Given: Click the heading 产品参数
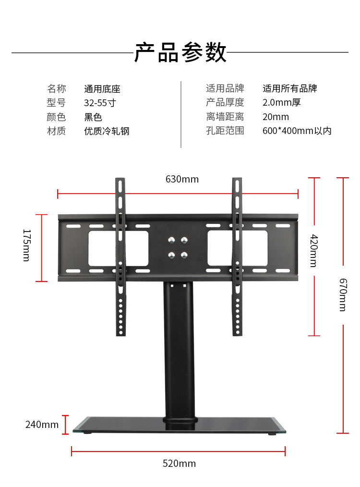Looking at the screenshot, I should click(x=180, y=52).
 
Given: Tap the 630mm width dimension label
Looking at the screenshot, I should click(x=182, y=179).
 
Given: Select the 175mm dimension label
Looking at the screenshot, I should click(x=26, y=245).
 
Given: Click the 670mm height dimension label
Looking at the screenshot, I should click(x=342, y=294).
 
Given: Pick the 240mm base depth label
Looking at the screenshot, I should click(x=42, y=425).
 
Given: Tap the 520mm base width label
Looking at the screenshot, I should click(x=179, y=463).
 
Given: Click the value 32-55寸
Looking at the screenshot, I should click(x=100, y=103).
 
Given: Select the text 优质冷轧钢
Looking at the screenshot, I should click(x=107, y=131).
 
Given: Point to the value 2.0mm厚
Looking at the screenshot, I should click(x=282, y=103).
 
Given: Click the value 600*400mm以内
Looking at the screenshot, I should click(x=297, y=131).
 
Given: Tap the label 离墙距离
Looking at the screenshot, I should click(x=225, y=117).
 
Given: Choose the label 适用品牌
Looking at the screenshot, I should click(x=225, y=88).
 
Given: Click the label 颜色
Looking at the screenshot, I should click(x=56, y=117).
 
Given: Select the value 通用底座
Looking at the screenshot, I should click(x=102, y=89).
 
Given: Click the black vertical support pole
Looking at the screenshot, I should click(x=180, y=351).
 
